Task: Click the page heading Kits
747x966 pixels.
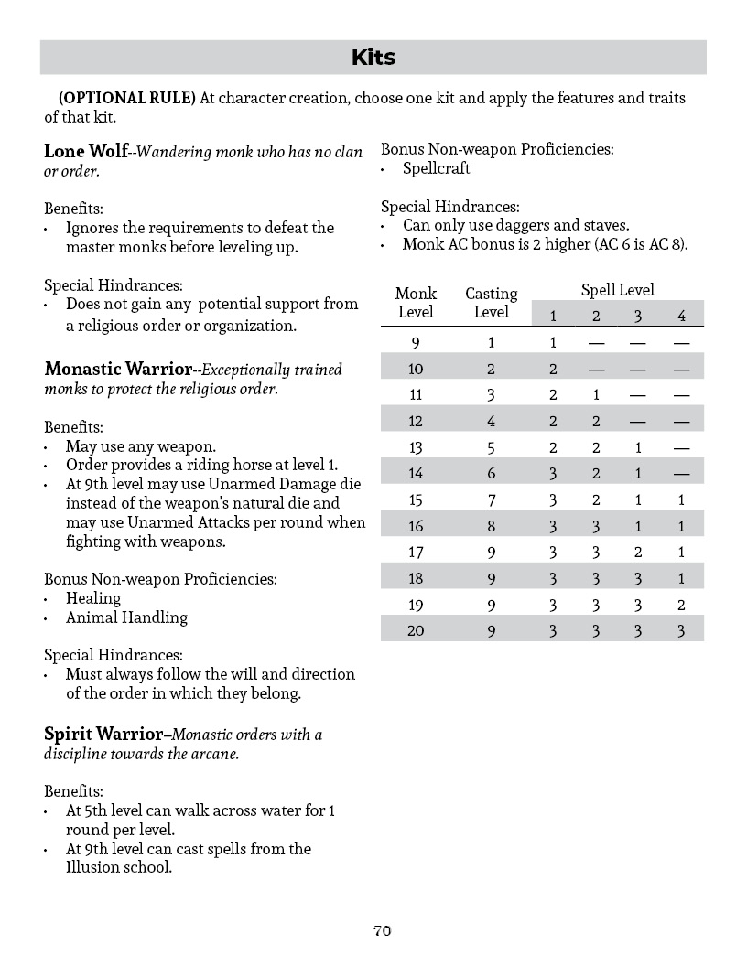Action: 373,58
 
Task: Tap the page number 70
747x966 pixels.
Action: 382,930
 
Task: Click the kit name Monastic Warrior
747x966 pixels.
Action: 118,370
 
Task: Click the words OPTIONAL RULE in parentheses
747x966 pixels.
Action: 127,98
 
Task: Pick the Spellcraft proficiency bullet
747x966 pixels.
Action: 437,169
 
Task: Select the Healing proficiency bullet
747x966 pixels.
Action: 93,598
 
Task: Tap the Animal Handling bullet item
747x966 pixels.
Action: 126,617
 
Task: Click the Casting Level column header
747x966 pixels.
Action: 491,303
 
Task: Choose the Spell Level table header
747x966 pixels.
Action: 618,290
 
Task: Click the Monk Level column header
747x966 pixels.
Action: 416,303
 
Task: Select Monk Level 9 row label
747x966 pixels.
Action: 416,343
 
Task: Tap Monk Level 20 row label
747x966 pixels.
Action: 416,630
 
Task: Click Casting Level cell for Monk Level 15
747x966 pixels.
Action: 491,500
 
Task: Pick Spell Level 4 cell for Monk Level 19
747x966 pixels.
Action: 681,605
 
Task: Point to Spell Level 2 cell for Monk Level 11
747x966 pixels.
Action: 595,395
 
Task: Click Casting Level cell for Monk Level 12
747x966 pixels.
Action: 491,422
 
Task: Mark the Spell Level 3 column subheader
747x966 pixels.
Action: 638,316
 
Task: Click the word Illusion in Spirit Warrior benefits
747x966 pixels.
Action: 92,867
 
